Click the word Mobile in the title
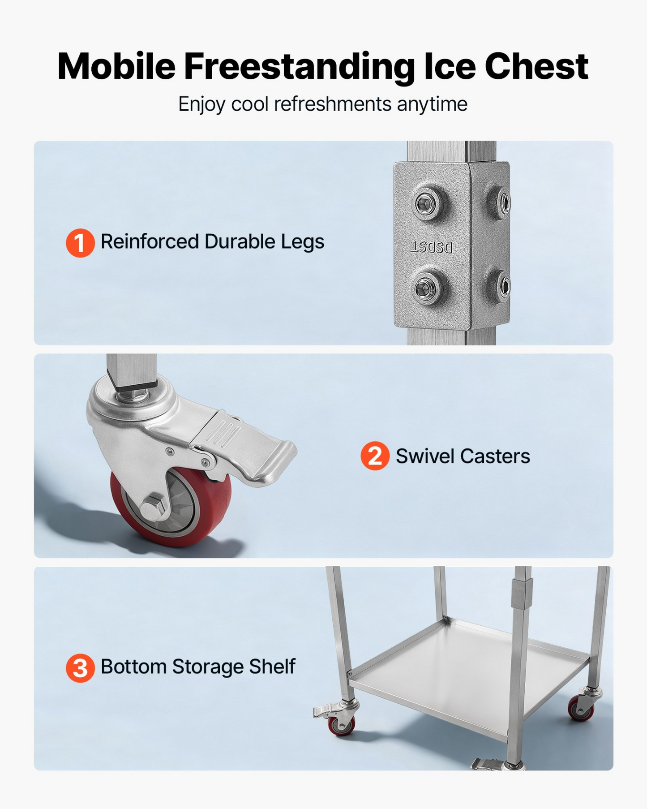[116, 66]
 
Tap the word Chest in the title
[536, 66]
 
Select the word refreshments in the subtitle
[333, 104]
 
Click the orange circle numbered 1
[80, 243]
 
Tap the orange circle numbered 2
[375, 456]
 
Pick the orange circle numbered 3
[80, 668]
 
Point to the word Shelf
[272, 667]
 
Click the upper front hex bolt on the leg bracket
[426, 204]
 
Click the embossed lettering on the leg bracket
[432, 247]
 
